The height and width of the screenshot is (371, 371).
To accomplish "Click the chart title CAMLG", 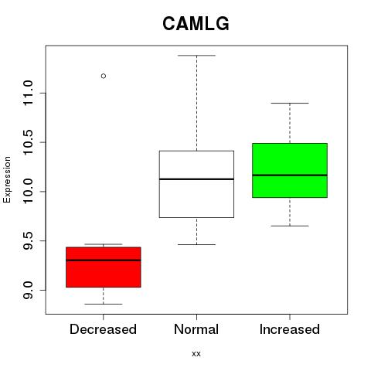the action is pyautogui.click(x=196, y=24).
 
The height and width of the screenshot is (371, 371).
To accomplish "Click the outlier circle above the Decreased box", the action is pyautogui.click(x=104, y=76).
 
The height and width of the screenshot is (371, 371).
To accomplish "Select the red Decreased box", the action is pyautogui.click(x=104, y=267).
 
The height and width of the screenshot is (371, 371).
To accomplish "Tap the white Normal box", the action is pyautogui.click(x=196, y=184).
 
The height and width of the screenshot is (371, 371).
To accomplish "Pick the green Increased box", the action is pyautogui.click(x=290, y=170).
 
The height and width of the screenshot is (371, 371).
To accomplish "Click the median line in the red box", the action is pyautogui.click(x=104, y=260).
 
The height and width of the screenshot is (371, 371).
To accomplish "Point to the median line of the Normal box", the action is pyautogui.click(x=196, y=179).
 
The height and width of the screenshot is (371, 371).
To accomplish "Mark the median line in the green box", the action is pyautogui.click(x=290, y=175).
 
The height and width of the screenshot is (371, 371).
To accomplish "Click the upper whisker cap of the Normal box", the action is pyautogui.click(x=196, y=56).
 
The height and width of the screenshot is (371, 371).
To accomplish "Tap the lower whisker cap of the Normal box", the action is pyautogui.click(x=196, y=244).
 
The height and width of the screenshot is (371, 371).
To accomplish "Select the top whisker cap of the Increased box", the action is pyautogui.click(x=290, y=103).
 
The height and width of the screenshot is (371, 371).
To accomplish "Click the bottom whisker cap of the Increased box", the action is pyautogui.click(x=290, y=226).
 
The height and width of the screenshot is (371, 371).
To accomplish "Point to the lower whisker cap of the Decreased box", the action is pyautogui.click(x=104, y=304).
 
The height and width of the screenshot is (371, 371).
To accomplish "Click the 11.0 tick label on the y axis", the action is pyautogui.click(x=28, y=93).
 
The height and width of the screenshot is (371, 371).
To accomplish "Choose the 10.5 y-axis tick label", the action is pyautogui.click(x=28, y=142).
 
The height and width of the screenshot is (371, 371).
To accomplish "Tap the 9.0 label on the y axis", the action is pyautogui.click(x=28, y=290).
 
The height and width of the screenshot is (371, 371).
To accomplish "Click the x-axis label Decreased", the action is pyautogui.click(x=103, y=329).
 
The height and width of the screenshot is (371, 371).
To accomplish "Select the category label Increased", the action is pyautogui.click(x=290, y=329).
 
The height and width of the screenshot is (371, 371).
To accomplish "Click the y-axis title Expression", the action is pyautogui.click(x=7, y=179).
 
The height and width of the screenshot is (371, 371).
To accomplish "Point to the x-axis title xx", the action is pyautogui.click(x=196, y=354).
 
